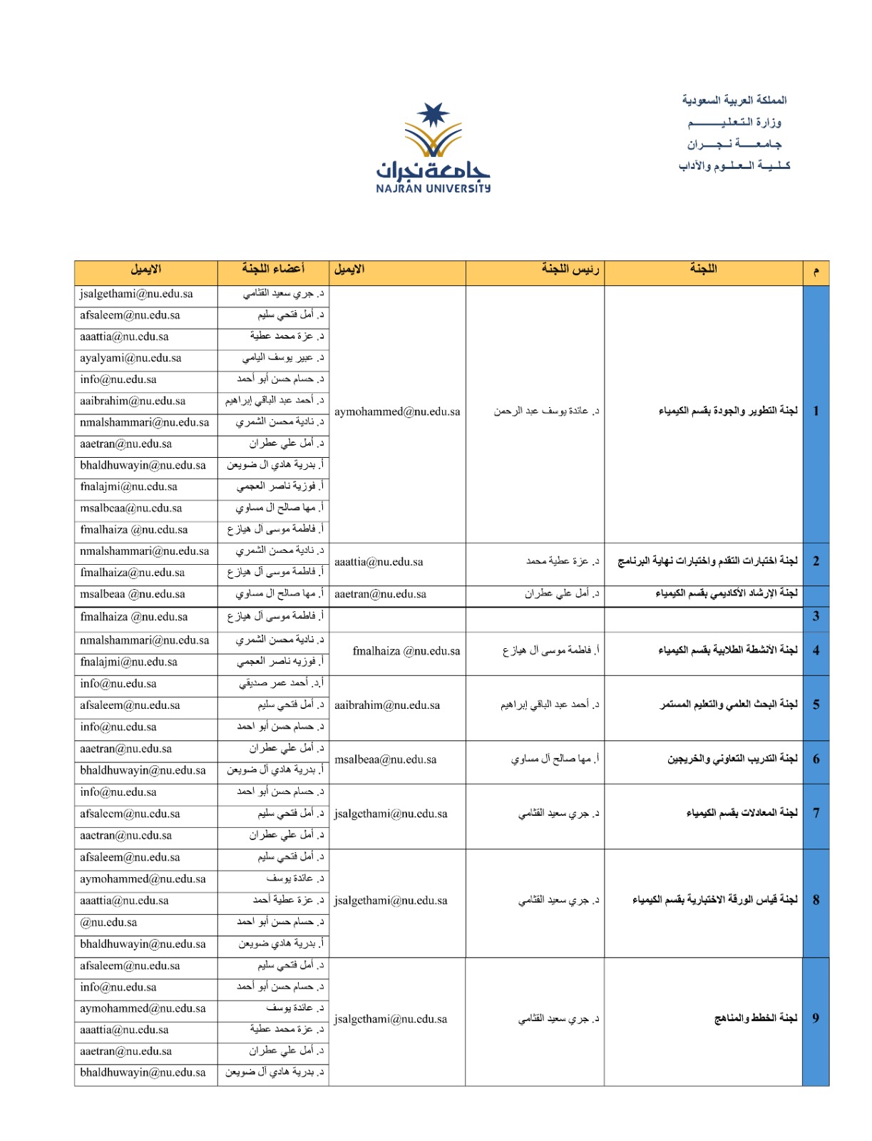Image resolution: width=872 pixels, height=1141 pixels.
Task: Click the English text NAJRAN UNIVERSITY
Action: pyautogui.click(x=433, y=189)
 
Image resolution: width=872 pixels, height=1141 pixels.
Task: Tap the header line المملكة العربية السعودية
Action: pyautogui.click(x=734, y=100)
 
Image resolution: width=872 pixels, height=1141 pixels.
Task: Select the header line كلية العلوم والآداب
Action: pyautogui.click(x=734, y=166)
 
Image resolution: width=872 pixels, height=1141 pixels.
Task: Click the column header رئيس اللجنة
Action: pyautogui.click(x=570, y=269)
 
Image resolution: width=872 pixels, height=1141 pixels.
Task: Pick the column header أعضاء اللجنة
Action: pyautogui.click(x=273, y=269)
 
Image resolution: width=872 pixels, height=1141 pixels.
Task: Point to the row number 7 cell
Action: pyautogui.click(x=816, y=813)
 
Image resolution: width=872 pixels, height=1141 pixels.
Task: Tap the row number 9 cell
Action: pyautogui.click(x=816, y=1018)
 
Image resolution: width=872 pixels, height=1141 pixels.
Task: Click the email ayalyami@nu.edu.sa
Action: pyautogui.click(x=130, y=358)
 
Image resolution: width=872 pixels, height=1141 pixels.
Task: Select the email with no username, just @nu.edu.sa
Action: pyautogui.click(x=108, y=922)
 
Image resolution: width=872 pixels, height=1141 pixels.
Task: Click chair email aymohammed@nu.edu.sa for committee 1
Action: pyautogui.click(x=397, y=411)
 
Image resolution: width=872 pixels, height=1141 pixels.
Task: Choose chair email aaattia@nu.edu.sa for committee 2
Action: pyautogui.click(x=379, y=562)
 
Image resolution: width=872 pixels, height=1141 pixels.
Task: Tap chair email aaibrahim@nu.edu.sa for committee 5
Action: pyautogui.click(x=387, y=705)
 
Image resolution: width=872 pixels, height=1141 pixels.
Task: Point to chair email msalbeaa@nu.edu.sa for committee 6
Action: pyautogui.click(x=385, y=759)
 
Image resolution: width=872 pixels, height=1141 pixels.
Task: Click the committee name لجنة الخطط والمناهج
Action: pyautogui.click(x=756, y=1018)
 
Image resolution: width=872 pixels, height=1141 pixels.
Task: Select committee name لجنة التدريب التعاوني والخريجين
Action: pyautogui.click(x=732, y=759)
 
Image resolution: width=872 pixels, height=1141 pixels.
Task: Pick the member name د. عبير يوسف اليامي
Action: pyautogui.click(x=283, y=358)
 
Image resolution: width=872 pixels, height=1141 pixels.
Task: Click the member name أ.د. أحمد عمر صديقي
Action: pyautogui.click(x=281, y=683)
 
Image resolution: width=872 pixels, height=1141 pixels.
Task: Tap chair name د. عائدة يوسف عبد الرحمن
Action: pyautogui.click(x=546, y=411)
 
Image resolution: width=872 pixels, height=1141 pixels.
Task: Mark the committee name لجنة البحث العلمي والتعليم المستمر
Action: pyautogui.click(x=729, y=705)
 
